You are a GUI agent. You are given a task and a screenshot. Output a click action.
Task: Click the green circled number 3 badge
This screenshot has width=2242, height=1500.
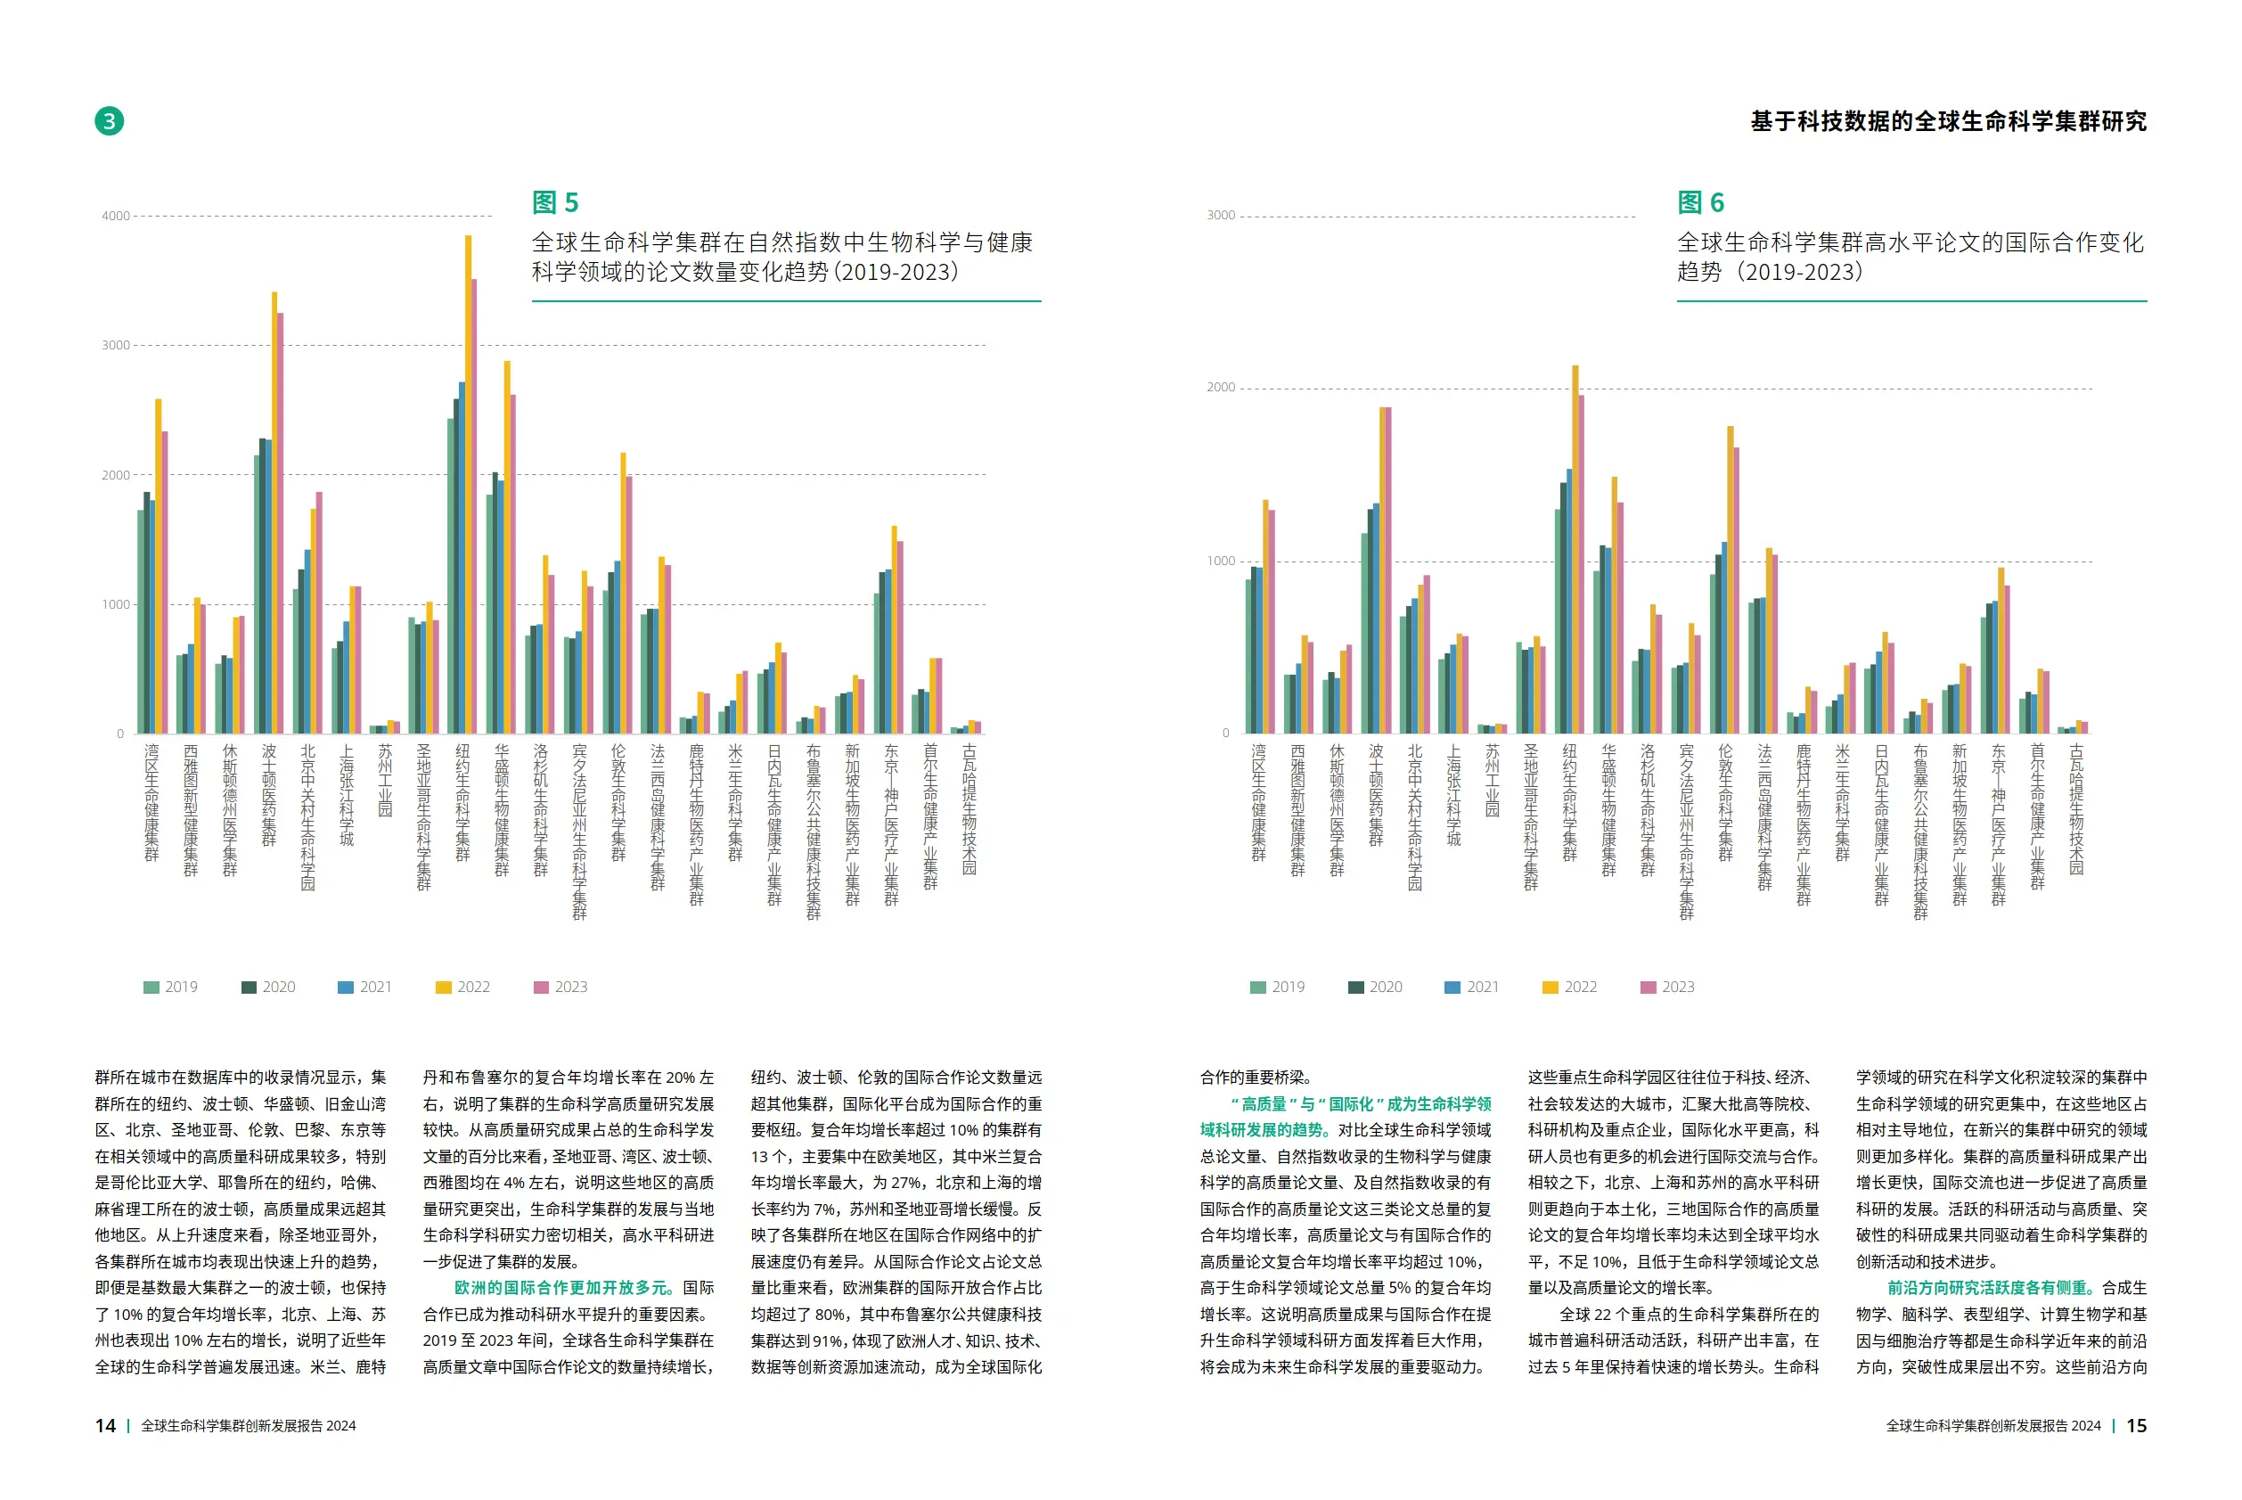point(109,121)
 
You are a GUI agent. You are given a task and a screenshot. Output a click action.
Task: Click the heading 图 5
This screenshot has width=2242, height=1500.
point(555,203)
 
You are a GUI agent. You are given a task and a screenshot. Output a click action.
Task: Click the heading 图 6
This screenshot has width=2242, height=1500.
point(1699,203)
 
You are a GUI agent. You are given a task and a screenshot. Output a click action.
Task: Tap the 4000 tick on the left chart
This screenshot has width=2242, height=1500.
point(116,217)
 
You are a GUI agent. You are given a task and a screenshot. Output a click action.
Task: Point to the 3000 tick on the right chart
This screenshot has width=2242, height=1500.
point(1221,216)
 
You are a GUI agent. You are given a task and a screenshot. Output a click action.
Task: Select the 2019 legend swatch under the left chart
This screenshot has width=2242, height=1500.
point(151,988)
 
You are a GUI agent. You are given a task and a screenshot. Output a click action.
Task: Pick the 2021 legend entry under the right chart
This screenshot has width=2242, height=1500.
point(1472,988)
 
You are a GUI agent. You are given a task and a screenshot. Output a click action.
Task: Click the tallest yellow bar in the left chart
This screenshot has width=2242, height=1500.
point(468,479)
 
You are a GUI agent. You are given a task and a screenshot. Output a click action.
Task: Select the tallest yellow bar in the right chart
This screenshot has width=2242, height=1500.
point(1575,545)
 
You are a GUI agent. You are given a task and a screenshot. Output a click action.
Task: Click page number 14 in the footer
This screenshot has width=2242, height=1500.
point(105,1425)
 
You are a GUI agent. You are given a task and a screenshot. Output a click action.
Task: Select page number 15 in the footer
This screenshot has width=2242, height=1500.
point(2136,1425)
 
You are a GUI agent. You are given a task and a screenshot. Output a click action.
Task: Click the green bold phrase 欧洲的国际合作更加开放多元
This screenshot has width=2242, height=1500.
point(564,1288)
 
